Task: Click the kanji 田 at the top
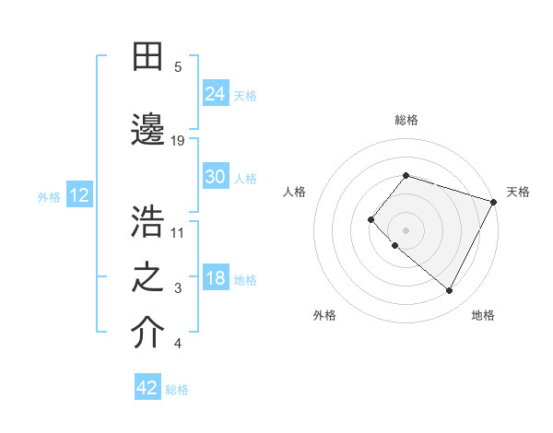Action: pyautogui.click(x=148, y=58)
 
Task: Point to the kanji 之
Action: pyautogui.click(x=148, y=277)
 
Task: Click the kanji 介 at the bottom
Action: pyautogui.click(x=148, y=333)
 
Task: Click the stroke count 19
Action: pyautogui.click(x=178, y=140)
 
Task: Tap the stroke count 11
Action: pyautogui.click(x=178, y=232)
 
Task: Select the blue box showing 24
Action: pyautogui.click(x=216, y=94)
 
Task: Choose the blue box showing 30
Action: pyautogui.click(x=216, y=178)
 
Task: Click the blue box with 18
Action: pyautogui.click(x=216, y=278)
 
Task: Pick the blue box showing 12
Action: pyautogui.click(x=78, y=195)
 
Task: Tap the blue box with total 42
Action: pyautogui.click(x=147, y=388)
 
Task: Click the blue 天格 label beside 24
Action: pyautogui.click(x=245, y=95)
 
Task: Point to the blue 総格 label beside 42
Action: pyautogui.click(x=177, y=390)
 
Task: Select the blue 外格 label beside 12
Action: pyautogui.click(x=49, y=196)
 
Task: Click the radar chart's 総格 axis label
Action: pyautogui.click(x=406, y=120)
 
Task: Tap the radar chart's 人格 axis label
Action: pyautogui.click(x=294, y=192)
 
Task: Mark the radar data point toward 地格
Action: pyautogui.click(x=449, y=291)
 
